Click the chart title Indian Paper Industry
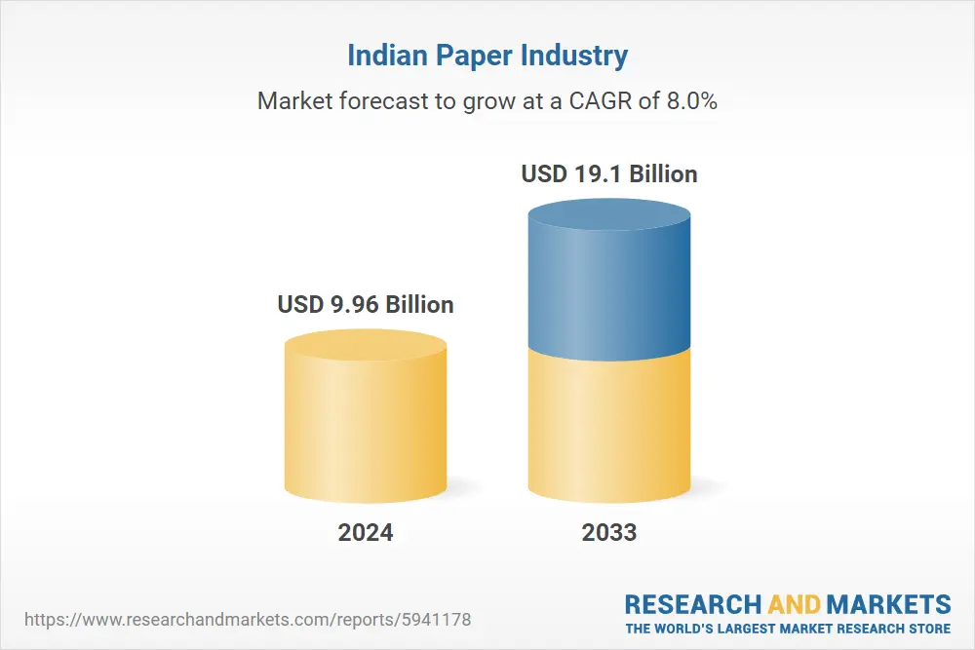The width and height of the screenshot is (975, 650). pos(487,56)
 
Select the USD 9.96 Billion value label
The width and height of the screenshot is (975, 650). pos(366,304)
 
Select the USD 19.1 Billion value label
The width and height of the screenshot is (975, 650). pos(609,174)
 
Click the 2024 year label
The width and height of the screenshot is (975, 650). pos(366,532)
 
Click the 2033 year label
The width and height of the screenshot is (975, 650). pos(609,532)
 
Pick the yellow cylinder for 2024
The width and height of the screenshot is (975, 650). pos(366,429)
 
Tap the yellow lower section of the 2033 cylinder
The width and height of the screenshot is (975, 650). pos(609,429)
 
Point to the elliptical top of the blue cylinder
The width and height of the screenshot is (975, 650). pos(609,214)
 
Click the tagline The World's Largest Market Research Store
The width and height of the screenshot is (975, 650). pos(788,628)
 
